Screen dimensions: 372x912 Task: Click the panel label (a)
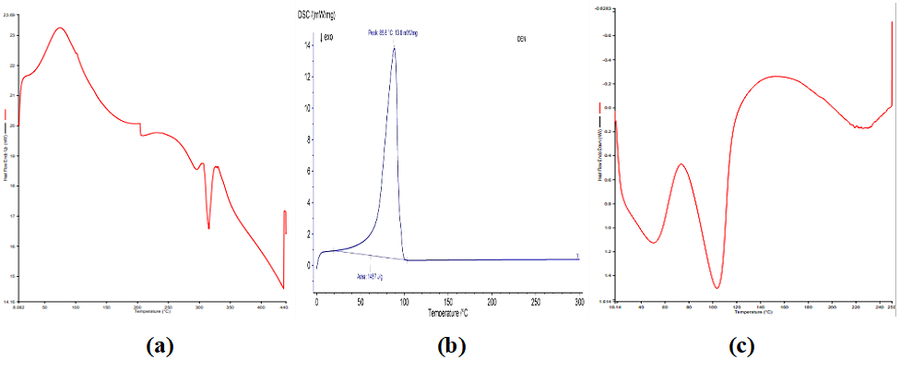pos(160,346)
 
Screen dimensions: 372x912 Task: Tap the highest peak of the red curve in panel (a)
pos(60,28)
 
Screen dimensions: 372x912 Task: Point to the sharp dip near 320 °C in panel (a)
pos(209,227)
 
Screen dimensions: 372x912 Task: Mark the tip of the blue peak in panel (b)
pos(395,48)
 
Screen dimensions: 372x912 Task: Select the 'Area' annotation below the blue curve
pos(371,275)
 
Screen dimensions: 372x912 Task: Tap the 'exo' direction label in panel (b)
pos(327,38)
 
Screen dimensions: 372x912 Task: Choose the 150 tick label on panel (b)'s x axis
pos(448,302)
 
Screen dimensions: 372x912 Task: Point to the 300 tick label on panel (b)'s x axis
pos(579,302)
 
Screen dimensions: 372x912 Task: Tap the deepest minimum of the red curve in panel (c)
pos(717,287)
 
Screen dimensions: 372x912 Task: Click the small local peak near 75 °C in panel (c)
pos(681,164)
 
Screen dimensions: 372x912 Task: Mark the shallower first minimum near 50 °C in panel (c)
pos(653,243)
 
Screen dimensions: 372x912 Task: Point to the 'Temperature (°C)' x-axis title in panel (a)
pos(152,311)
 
